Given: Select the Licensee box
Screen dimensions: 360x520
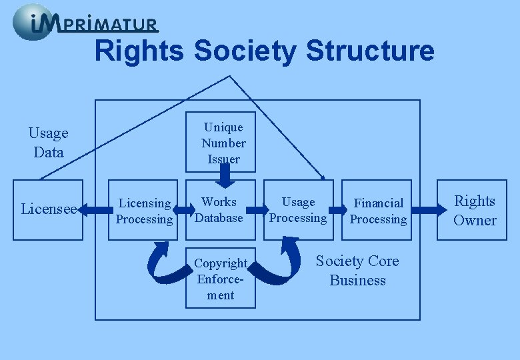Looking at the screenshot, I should (x=48, y=209).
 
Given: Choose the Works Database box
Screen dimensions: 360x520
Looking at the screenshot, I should (x=220, y=209).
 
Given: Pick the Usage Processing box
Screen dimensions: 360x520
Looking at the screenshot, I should (x=298, y=209).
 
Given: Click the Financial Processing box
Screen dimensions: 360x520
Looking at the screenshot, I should (x=378, y=211).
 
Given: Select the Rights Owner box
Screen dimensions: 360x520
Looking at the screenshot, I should (x=475, y=210).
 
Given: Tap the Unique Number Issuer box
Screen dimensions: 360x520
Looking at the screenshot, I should (x=223, y=143).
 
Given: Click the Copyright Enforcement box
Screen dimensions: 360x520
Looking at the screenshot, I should (x=221, y=279).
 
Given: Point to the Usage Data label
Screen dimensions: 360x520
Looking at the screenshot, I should (x=49, y=143).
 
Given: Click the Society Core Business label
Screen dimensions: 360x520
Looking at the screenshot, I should (x=357, y=270).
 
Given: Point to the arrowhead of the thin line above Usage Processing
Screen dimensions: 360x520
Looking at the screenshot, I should (x=323, y=178).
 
